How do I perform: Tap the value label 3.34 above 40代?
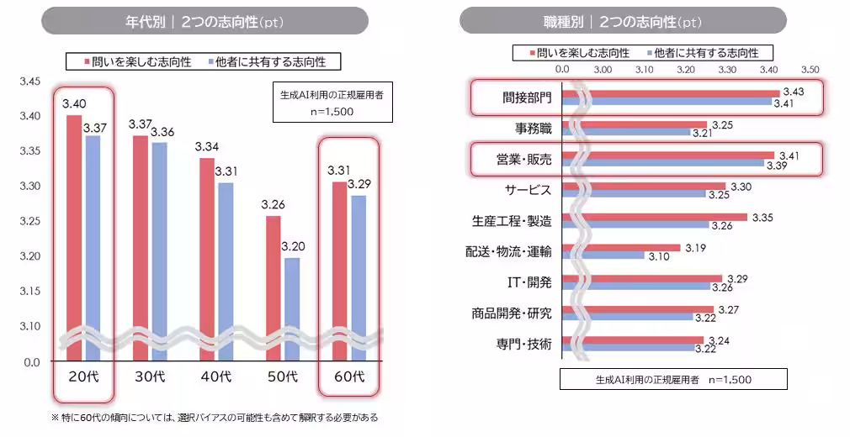coord(207,147)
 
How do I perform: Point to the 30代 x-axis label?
coord(148,376)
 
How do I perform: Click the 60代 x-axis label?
coord(348,376)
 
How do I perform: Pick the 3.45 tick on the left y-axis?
coord(29,82)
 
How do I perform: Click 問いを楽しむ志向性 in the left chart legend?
coord(139,61)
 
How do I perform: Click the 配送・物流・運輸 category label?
coord(508,251)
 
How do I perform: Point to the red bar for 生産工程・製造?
coord(653,217)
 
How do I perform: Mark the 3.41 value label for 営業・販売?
coord(789,155)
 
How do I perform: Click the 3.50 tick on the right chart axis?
coord(810,69)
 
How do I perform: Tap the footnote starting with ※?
coord(215,417)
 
